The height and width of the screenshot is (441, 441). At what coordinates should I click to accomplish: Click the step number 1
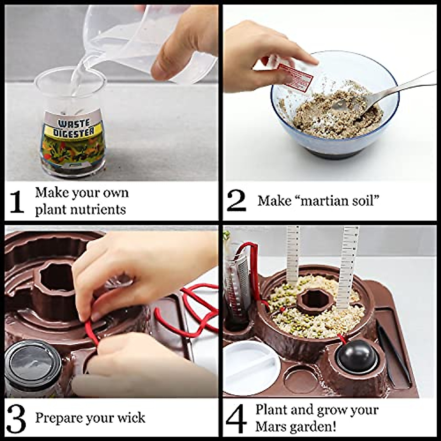[x=17, y=202]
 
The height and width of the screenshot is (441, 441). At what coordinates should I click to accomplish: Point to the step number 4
[x=236, y=419]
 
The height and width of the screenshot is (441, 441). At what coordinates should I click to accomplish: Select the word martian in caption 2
[x=324, y=201]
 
